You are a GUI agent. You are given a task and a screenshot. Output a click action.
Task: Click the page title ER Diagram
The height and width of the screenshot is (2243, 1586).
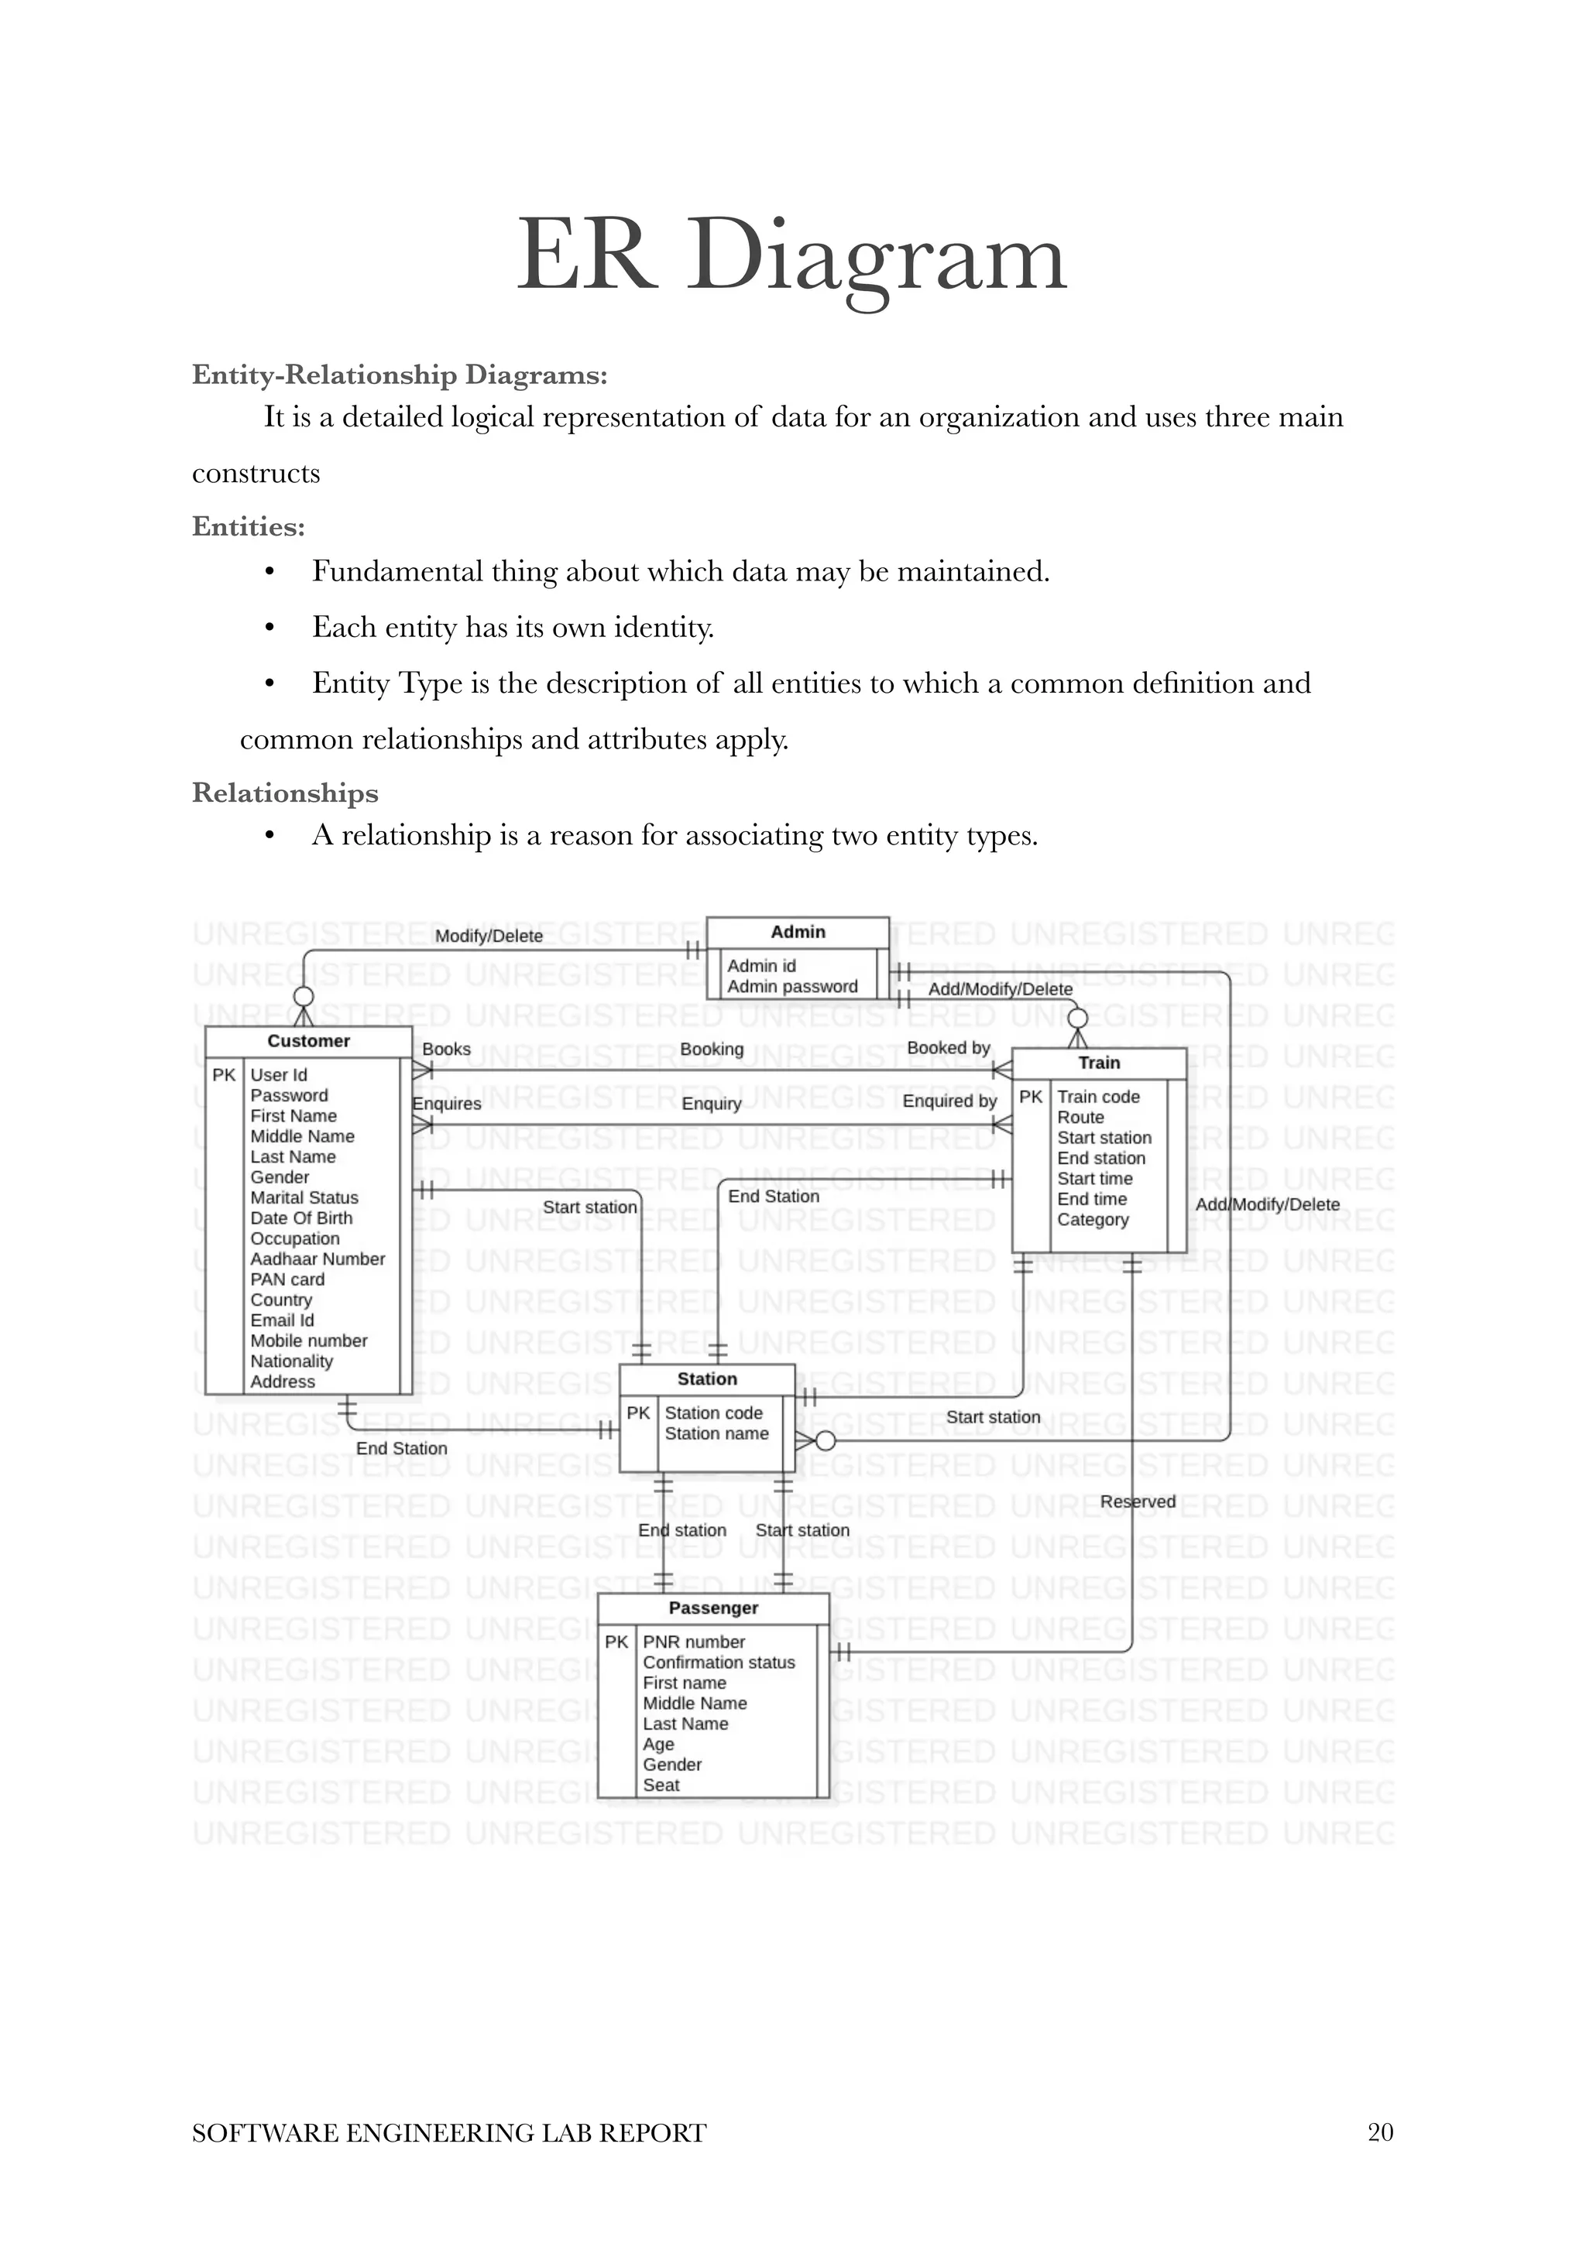pyautogui.click(x=791, y=257)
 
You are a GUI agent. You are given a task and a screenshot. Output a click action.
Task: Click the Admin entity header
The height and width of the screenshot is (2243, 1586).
pyautogui.click(x=798, y=932)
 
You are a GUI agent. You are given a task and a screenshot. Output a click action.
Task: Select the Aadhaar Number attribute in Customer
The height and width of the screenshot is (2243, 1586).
pyautogui.click(x=318, y=1258)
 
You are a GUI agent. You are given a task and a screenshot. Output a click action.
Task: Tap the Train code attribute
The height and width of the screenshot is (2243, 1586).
pyautogui.click(x=1097, y=1097)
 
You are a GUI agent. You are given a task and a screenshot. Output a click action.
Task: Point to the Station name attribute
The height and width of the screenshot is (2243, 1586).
pyautogui.click(x=716, y=1433)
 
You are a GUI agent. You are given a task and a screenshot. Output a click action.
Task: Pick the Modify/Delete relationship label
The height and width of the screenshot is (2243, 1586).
pyautogui.click(x=489, y=936)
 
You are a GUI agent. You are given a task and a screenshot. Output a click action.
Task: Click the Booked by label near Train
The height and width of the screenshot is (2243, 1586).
pyautogui.click(x=948, y=1047)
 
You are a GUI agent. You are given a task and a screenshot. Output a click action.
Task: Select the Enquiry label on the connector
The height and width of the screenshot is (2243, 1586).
pyautogui.click(x=712, y=1104)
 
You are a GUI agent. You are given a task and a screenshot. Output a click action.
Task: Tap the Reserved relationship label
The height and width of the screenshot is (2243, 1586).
pyautogui.click(x=1138, y=1502)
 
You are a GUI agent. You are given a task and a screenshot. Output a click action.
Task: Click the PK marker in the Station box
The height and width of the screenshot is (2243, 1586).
pyautogui.click(x=638, y=1413)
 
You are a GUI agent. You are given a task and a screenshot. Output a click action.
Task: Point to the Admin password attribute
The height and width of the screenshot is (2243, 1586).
pyautogui.click(x=791, y=987)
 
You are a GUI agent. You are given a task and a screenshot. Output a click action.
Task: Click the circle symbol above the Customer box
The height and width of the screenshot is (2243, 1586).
pyautogui.click(x=304, y=996)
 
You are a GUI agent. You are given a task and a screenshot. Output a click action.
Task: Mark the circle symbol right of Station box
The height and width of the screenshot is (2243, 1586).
pyautogui.click(x=826, y=1441)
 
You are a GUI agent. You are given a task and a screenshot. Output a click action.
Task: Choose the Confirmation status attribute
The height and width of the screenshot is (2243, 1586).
pyautogui.click(x=718, y=1662)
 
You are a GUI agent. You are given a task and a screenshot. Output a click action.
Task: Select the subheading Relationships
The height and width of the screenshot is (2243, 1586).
pyautogui.click(x=284, y=793)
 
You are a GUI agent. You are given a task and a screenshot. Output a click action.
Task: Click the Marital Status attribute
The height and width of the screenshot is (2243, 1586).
pyautogui.click(x=304, y=1197)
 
